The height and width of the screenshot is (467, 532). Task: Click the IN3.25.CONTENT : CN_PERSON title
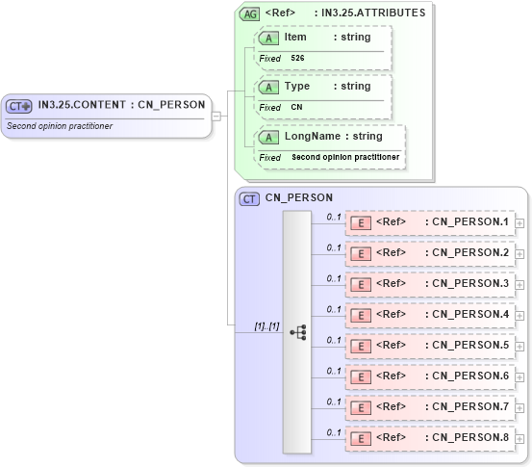120,105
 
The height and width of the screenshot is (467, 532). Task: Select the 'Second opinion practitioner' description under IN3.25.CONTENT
60,126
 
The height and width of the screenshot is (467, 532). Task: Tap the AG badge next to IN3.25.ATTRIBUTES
249,14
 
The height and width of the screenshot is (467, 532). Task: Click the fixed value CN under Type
296,108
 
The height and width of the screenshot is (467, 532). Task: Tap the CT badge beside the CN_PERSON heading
249,198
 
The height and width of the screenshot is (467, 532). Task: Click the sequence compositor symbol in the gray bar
297,332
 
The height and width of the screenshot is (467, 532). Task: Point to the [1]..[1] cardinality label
266,325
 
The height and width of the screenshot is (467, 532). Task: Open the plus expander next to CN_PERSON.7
520,408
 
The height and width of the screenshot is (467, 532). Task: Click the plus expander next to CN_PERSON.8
520,439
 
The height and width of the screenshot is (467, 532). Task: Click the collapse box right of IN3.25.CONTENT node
216,116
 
